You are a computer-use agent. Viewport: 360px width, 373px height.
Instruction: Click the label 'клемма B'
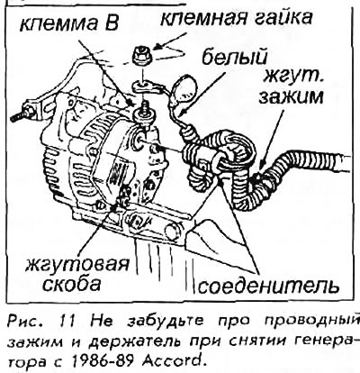point(69,23)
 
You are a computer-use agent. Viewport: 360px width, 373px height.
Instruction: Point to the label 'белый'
point(233,58)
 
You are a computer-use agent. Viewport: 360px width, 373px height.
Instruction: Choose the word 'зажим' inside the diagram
point(291,96)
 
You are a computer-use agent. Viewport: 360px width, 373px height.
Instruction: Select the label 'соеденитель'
point(269,286)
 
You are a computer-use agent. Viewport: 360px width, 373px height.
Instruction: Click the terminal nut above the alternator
point(143,55)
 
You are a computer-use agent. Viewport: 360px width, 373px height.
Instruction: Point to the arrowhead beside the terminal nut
point(157,48)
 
